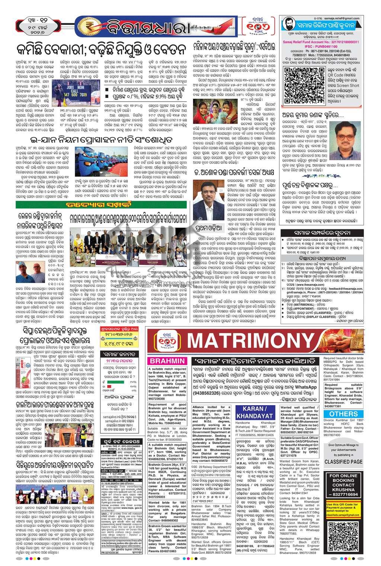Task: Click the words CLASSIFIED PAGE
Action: [343, 462]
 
